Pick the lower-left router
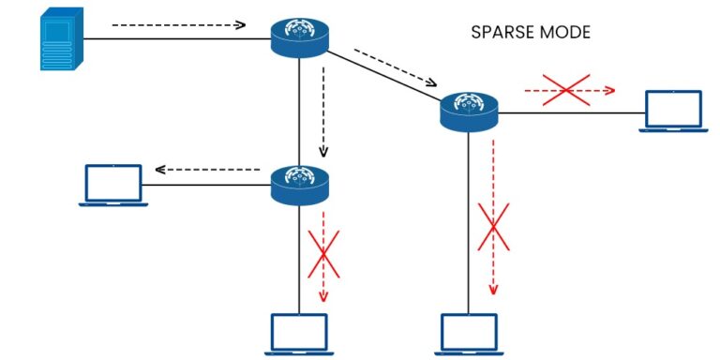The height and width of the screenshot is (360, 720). (x=299, y=184)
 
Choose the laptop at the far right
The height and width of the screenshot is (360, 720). (x=673, y=111)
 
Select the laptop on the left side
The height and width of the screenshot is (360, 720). (x=112, y=184)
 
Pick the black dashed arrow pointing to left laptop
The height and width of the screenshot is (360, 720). (x=206, y=170)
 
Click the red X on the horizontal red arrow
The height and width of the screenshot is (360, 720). (x=567, y=90)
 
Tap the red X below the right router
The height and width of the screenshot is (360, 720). (x=493, y=226)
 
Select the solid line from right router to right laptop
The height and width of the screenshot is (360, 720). (x=572, y=112)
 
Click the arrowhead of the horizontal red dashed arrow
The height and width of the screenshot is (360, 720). (x=609, y=91)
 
